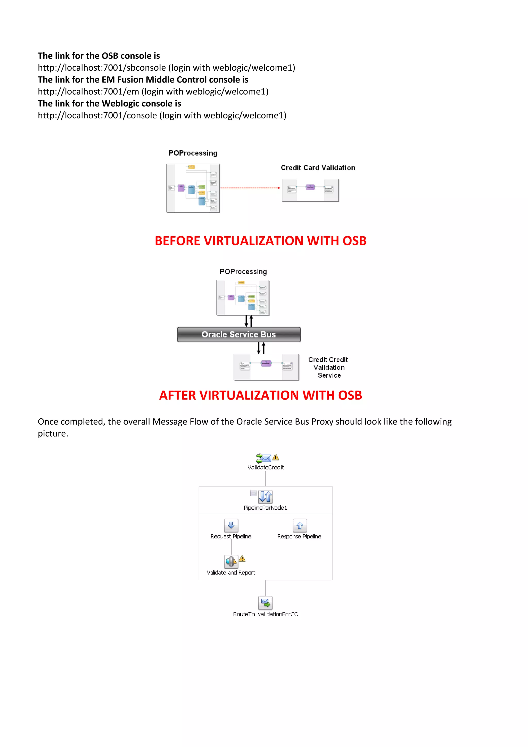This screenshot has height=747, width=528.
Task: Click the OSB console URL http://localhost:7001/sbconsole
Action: click(102, 68)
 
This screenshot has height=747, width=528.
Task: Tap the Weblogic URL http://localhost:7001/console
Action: click(97, 116)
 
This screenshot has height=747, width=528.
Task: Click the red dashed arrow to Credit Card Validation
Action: click(250, 188)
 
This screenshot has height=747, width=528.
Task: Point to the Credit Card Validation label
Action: click(318, 168)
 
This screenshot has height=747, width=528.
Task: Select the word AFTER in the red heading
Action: click(178, 396)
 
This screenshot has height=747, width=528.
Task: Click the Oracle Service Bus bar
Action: click(239, 335)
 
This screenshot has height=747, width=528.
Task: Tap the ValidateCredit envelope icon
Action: click(264, 458)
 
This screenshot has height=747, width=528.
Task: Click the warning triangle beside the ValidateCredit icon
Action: click(276, 457)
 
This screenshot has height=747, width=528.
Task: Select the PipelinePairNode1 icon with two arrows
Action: click(265, 497)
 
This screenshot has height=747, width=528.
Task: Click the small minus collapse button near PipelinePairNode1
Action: click(253, 493)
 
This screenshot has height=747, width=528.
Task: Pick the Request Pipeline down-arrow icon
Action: click(231, 525)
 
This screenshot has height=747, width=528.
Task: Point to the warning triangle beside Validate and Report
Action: click(242, 559)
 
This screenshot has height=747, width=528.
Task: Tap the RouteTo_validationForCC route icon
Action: click(265, 603)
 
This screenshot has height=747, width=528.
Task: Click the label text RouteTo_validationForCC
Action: click(265, 614)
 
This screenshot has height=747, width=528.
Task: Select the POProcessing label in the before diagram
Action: click(193, 153)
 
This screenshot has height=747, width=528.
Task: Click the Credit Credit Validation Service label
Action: click(328, 368)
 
